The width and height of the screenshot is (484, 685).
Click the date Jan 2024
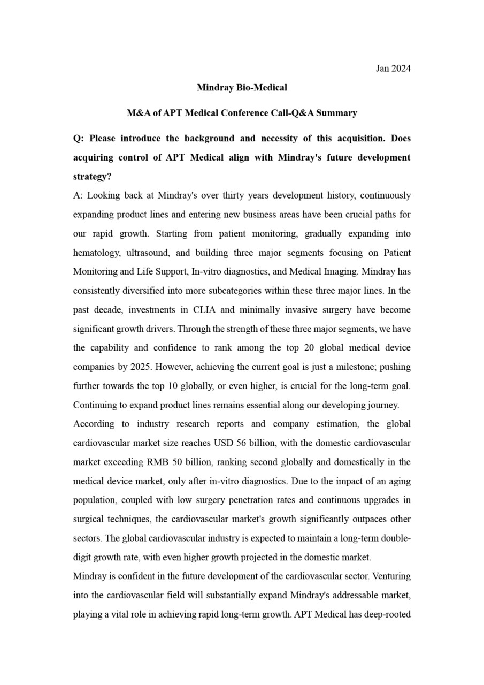pos(393,68)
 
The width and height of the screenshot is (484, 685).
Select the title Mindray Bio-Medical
pos(242,87)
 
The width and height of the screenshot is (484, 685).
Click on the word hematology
pos(96,253)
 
